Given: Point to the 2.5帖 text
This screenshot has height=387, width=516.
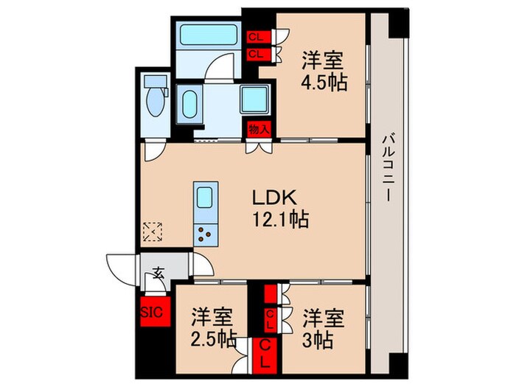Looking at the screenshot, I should [212, 341].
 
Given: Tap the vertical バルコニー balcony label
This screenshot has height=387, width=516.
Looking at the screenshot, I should [388, 173].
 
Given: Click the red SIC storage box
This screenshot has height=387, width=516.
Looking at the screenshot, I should [151, 310].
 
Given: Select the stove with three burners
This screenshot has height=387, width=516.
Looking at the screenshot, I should [204, 235].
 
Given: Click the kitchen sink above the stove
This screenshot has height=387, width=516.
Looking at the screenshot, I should [204, 198].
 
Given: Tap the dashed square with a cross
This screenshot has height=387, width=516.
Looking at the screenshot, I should [152, 233].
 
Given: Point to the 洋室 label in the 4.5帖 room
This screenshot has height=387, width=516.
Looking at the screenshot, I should [324, 59].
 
